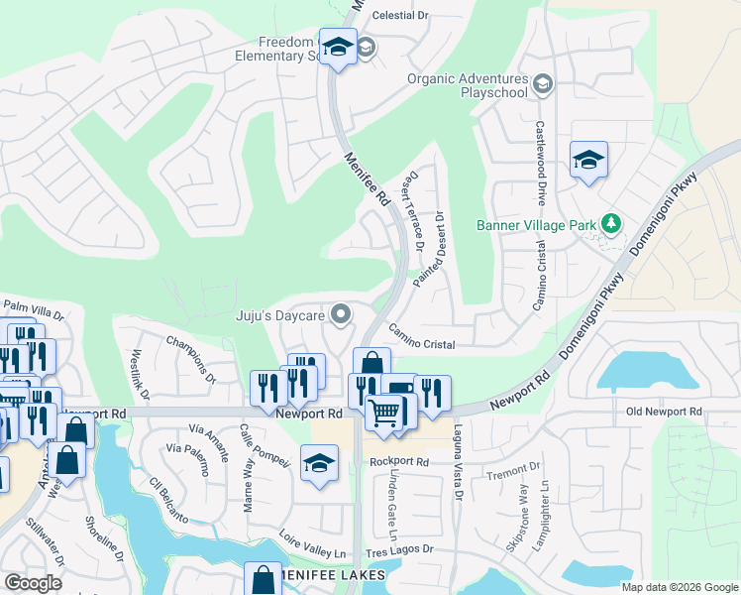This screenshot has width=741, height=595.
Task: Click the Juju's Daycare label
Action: click(x=280, y=316)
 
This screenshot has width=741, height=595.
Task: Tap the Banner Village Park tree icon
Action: click(x=611, y=224)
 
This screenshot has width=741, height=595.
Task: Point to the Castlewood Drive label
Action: click(x=541, y=157)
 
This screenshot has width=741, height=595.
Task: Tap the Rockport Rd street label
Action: click(x=399, y=462)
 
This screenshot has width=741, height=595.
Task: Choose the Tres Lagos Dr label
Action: click(x=400, y=549)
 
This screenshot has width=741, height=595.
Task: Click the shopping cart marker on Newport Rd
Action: click(x=384, y=410)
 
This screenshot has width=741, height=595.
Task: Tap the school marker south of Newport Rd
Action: click(x=319, y=463)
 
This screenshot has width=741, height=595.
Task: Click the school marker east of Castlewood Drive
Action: click(x=588, y=160)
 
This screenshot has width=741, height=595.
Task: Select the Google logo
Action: click(x=34, y=582)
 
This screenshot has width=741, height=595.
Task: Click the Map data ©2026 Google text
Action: click(x=679, y=587)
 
